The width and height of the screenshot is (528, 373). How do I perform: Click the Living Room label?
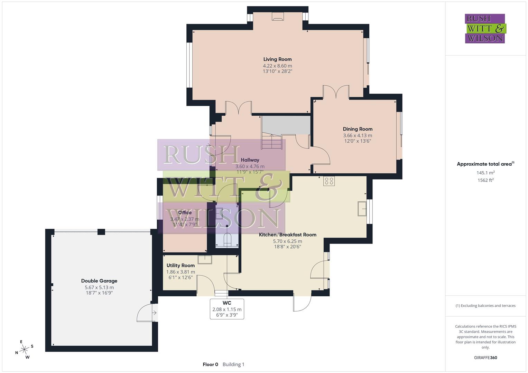(277, 59)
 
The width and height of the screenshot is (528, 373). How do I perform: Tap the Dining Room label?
(358, 129)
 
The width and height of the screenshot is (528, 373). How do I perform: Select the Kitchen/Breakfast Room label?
(288, 235)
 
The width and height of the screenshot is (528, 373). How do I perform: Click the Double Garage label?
(99, 281)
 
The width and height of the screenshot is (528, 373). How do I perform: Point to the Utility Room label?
(180, 266)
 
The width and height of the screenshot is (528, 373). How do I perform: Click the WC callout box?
(227, 309)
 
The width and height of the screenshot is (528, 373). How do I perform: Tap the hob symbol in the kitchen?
(329, 181)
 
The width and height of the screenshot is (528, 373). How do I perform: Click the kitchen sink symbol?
(362, 208)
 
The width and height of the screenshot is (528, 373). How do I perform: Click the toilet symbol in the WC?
(227, 240)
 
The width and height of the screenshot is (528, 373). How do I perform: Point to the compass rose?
(24, 350)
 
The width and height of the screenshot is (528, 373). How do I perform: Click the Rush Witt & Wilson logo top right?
(485, 29)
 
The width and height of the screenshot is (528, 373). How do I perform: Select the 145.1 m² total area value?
(485, 173)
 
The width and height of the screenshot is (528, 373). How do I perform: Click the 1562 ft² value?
(485, 180)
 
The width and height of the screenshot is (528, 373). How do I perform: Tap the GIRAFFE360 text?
(485, 358)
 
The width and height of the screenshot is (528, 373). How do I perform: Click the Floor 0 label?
(210, 364)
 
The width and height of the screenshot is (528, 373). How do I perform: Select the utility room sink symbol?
(205, 259)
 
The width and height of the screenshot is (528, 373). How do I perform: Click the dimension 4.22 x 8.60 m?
(277, 66)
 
